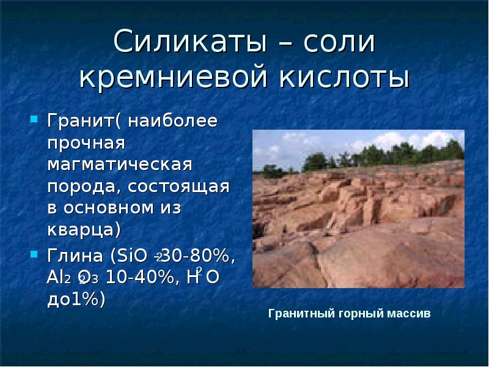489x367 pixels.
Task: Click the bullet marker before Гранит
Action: pos(34,117)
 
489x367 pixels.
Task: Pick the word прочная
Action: pos(86,144)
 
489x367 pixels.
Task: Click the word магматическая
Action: pos(120,165)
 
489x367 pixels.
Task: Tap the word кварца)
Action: pos(84,230)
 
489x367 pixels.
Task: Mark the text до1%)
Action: pos(76,299)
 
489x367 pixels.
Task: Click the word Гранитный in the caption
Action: pos(298,314)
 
